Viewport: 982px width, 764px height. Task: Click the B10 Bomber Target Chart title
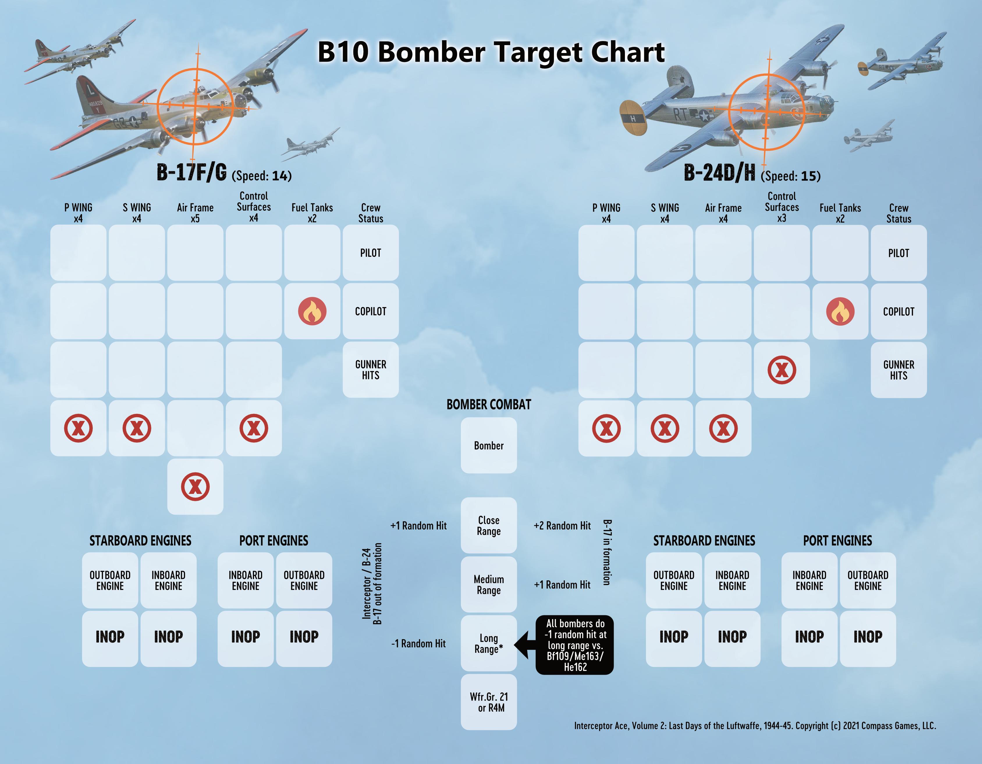tap(491, 52)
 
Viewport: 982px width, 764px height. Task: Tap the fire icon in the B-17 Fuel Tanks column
tap(312, 311)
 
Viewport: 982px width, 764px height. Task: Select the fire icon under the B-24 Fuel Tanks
tap(840, 311)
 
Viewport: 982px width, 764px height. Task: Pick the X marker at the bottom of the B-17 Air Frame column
tap(195, 487)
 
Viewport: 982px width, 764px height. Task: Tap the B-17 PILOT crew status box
tap(370, 253)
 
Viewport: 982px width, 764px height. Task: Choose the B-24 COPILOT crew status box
tap(898, 311)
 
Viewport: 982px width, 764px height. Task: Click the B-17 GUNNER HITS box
tap(370, 370)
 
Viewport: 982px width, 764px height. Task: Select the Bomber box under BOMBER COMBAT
tap(489, 445)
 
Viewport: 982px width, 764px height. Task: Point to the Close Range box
tap(489, 525)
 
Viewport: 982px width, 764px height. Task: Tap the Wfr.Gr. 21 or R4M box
tap(489, 702)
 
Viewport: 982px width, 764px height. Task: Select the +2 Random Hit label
tap(562, 526)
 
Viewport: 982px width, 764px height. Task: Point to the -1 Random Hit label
tap(418, 644)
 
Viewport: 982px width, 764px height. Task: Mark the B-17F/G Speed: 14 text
tap(262, 176)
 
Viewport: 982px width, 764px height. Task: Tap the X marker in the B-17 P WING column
tap(78, 428)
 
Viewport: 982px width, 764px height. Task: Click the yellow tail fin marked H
tap(633, 118)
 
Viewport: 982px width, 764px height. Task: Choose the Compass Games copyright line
tap(755, 726)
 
